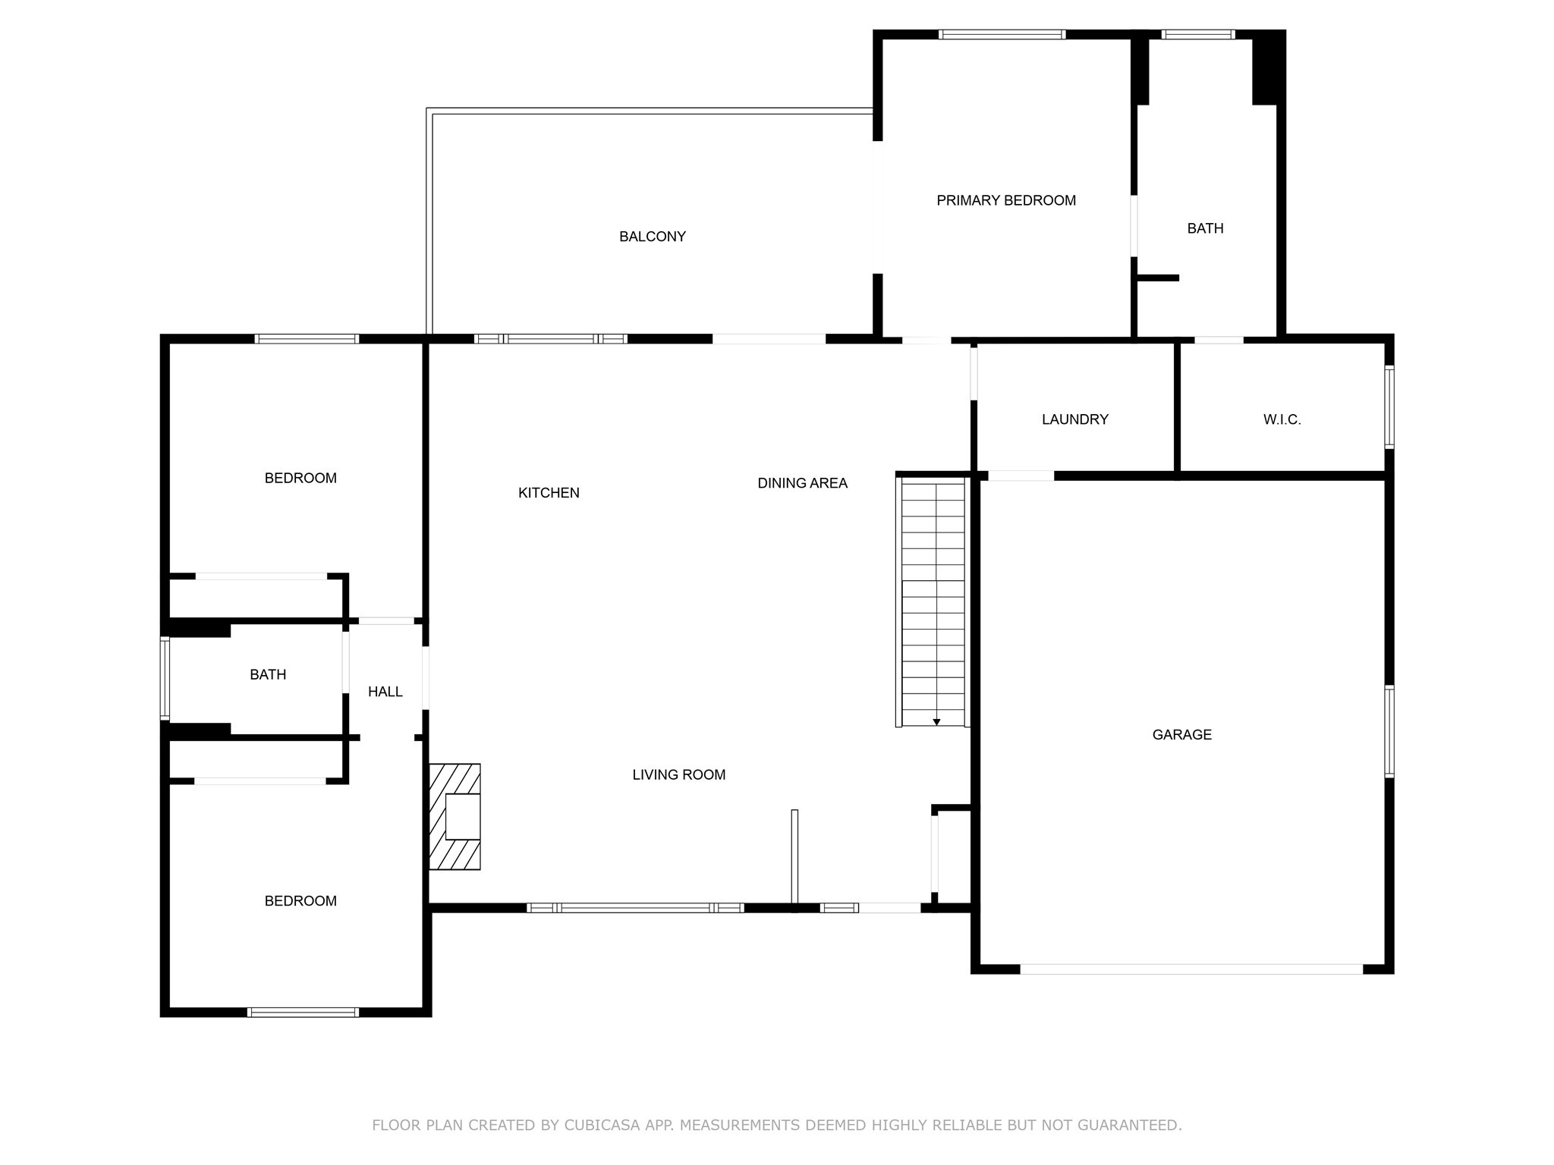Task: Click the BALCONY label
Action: point(652,237)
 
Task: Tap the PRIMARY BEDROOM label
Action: point(1005,200)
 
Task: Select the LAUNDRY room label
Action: point(1074,419)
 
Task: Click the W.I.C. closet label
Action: point(1282,419)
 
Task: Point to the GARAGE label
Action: point(1181,734)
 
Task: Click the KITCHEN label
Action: point(549,493)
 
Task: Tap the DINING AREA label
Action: point(802,483)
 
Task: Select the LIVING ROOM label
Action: point(678,774)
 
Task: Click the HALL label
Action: point(385,692)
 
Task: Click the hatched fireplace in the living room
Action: point(455,816)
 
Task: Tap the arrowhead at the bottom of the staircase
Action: point(936,722)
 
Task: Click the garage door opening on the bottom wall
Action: point(1191,969)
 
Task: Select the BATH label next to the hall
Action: point(268,674)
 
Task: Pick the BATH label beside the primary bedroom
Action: point(1205,228)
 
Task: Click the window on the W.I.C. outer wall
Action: point(1389,407)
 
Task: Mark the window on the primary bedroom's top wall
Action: point(1002,34)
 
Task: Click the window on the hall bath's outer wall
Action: point(165,677)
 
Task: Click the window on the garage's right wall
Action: point(1389,731)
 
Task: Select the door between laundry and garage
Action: point(1021,476)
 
